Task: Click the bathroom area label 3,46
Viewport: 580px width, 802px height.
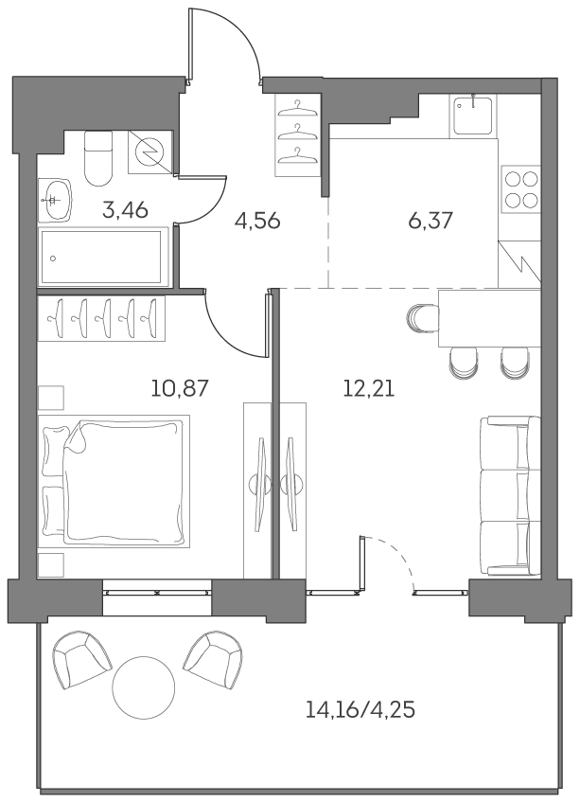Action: [x=125, y=209]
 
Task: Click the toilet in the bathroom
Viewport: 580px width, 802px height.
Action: [x=98, y=158]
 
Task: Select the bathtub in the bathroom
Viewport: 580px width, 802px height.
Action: [x=104, y=257]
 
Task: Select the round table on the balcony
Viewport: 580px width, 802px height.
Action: [x=144, y=686]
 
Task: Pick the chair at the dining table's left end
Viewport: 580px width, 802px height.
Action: [x=420, y=321]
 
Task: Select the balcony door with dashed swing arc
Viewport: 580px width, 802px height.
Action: [x=388, y=564]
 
